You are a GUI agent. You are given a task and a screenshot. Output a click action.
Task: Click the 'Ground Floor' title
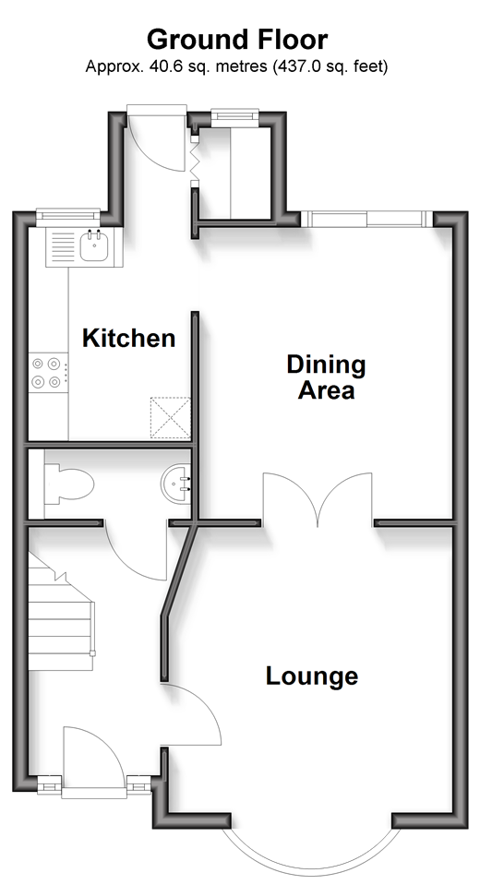(x=237, y=41)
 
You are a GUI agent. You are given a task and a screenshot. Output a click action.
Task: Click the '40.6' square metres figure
(x=161, y=66)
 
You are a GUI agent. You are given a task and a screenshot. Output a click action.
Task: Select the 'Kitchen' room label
(x=128, y=338)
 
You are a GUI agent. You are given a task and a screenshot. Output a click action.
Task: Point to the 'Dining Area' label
(x=327, y=377)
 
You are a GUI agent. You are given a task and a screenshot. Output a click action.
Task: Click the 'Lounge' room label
(x=312, y=676)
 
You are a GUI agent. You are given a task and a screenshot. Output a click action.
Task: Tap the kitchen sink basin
(x=94, y=247)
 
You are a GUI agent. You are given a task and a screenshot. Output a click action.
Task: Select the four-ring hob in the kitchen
(x=47, y=373)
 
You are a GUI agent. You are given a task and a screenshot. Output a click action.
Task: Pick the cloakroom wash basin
(x=175, y=484)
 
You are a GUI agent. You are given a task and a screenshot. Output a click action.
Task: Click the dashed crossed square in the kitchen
(x=170, y=418)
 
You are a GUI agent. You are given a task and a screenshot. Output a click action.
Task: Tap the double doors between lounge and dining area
(x=318, y=496)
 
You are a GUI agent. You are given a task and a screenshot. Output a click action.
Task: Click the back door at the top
(x=156, y=138)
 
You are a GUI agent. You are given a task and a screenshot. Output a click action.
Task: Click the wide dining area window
(x=367, y=219)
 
